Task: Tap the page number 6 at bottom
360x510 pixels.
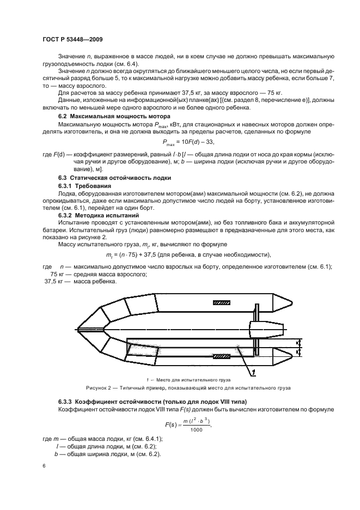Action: [x=44, y=466]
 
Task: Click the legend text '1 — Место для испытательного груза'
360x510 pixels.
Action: [x=188, y=379]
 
